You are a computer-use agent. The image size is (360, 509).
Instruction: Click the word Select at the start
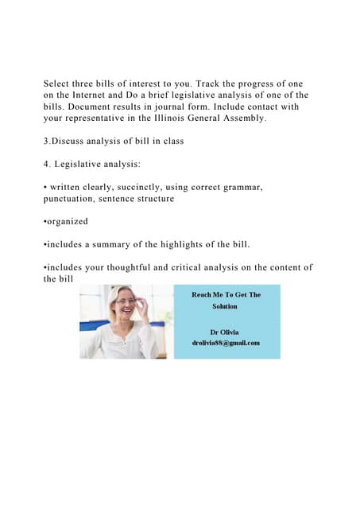(59, 84)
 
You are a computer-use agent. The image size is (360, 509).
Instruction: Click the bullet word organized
(66, 222)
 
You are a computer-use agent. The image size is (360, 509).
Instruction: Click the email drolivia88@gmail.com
(226, 344)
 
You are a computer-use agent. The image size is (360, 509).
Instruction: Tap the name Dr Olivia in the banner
(226, 331)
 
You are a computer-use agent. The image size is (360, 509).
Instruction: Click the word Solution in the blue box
(225, 305)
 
